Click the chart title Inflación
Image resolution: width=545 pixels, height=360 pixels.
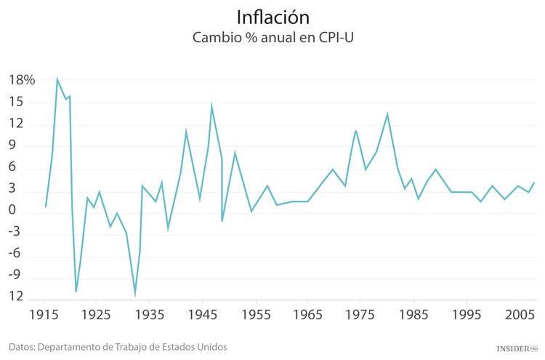tap(272, 16)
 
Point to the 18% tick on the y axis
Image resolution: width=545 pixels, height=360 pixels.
tap(22, 80)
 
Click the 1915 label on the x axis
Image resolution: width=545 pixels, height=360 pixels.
tap(44, 316)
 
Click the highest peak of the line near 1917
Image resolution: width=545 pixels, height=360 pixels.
tap(57, 79)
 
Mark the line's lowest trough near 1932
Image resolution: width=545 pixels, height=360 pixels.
tap(135, 295)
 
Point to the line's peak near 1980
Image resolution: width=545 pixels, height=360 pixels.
tap(387, 113)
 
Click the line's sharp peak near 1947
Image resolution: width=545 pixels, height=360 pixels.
tap(211, 106)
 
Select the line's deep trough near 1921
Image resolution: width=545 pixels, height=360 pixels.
tap(76, 292)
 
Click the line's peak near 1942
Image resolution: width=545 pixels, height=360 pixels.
tap(186, 132)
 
